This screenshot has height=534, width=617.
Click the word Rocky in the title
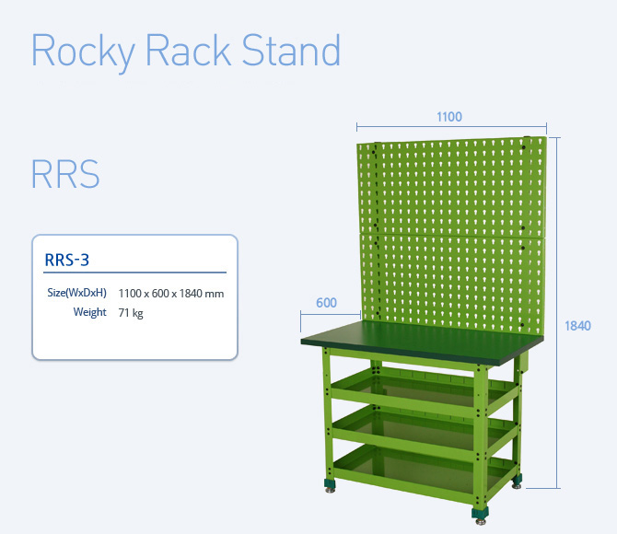pyautogui.click(x=83, y=52)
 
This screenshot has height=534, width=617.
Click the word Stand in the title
pyautogui.click(x=291, y=50)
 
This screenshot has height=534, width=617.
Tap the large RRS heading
pyautogui.click(x=65, y=173)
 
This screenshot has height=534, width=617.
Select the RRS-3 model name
pyautogui.click(x=67, y=260)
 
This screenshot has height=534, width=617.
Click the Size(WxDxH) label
pyautogui.click(x=76, y=293)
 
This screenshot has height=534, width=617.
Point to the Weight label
pyautogui.click(x=89, y=312)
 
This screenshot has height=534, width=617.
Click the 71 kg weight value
pyautogui.click(x=131, y=313)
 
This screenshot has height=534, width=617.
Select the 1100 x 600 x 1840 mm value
pyautogui.click(x=171, y=294)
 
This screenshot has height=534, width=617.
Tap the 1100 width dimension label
pyautogui.click(x=449, y=117)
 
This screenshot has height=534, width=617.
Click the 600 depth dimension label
pyautogui.click(x=326, y=303)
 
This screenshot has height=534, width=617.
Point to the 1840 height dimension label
pyautogui.click(x=577, y=326)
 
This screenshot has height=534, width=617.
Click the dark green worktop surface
pyautogui.click(x=422, y=342)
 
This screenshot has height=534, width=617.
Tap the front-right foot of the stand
pyautogui.click(x=480, y=515)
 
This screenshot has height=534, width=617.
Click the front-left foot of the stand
pyautogui.click(x=330, y=485)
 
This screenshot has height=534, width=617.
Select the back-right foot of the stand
pyautogui.click(x=517, y=481)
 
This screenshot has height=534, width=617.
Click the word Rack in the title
pyautogui.click(x=188, y=50)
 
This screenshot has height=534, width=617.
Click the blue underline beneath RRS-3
pyautogui.click(x=135, y=272)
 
